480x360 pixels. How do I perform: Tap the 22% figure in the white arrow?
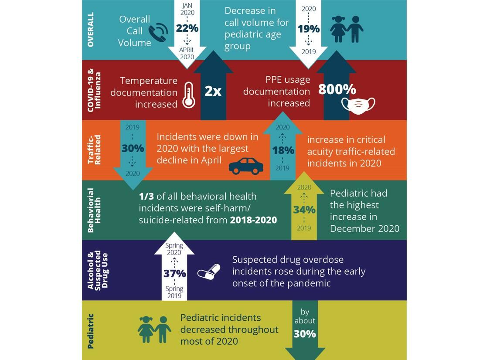pos(187,28)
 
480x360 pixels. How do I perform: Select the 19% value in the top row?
pos(309,29)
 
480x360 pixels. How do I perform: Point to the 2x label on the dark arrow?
pos(213,92)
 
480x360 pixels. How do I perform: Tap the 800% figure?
pos(337,89)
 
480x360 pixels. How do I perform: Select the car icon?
pos(246,166)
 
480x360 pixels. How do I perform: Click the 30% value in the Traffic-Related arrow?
pos(133,148)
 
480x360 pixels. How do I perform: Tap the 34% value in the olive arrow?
pos(304,210)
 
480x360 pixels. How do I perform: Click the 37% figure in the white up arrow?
pos(174,274)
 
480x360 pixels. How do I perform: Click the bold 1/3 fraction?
pos(146,197)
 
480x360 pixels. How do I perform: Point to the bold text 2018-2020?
pos(253,220)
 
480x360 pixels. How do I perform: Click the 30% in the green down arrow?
pos(305,334)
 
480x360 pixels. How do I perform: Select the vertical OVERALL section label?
pos(91,30)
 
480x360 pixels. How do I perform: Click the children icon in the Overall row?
pos(347,29)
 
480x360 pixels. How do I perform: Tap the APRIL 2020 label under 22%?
pos(187,53)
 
